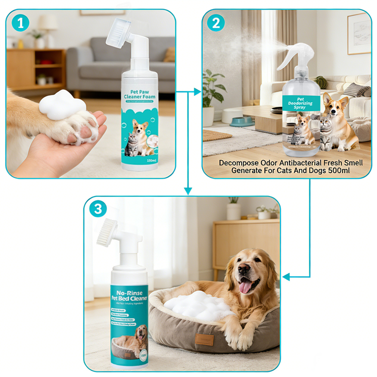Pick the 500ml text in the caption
336,171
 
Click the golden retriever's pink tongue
246,287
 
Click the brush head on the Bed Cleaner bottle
108,234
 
